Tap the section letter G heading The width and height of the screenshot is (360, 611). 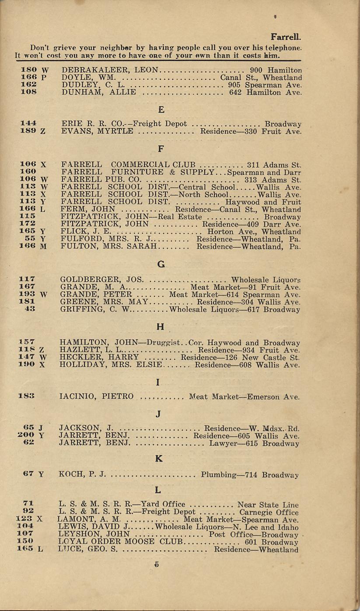pyautogui.click(x=161, y=264)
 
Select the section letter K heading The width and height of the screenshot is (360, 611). pyautogui.click(x=159, y=459)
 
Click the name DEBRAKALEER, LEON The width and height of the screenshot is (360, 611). pyautogui.click(x=112, y=70)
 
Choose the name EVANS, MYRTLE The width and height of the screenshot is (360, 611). pyautogui.click(x=98, y=131)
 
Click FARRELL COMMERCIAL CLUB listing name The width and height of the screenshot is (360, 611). pyautogui.click(x=129, y=165)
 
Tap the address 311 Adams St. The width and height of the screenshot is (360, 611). pyautogui.click(x=274, y=165)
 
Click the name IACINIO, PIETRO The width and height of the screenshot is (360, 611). pyautogui.click(x=96, y=397)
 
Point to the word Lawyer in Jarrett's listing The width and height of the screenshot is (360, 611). pyautogui.click(x=224, y=443)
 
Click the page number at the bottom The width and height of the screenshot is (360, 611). pyautogui.click(x=156, y=565)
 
